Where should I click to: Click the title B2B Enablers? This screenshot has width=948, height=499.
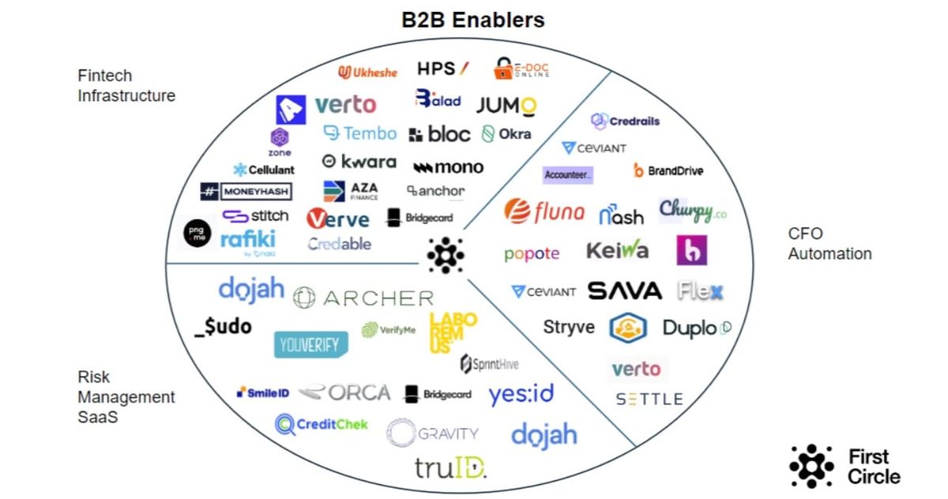[473, 19]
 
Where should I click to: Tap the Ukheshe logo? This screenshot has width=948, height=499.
[367, 72]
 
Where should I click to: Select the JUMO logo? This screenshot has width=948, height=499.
[506, 106]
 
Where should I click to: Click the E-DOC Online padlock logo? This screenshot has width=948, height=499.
[521, 69]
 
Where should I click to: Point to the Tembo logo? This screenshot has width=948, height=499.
[359, 133]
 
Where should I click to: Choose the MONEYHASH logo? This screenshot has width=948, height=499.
[246, 191]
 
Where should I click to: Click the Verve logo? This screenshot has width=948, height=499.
[338, 219]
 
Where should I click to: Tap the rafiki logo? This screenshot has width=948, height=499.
[248, 240]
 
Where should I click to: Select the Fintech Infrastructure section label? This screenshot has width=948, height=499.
[126, 86]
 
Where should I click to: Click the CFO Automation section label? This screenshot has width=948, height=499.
[829, 244]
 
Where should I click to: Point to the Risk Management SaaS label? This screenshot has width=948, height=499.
[126, 397]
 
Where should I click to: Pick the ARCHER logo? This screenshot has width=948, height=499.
[363, 298]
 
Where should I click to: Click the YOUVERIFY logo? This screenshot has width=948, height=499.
[310, 343]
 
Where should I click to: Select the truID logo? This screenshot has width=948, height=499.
[450, 468]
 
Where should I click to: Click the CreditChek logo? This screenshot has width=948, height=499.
[322, 425]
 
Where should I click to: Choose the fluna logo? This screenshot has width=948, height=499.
[545, 212]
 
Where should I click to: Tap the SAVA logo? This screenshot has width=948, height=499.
[624, 291]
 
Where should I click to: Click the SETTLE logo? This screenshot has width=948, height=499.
[649, 400]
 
